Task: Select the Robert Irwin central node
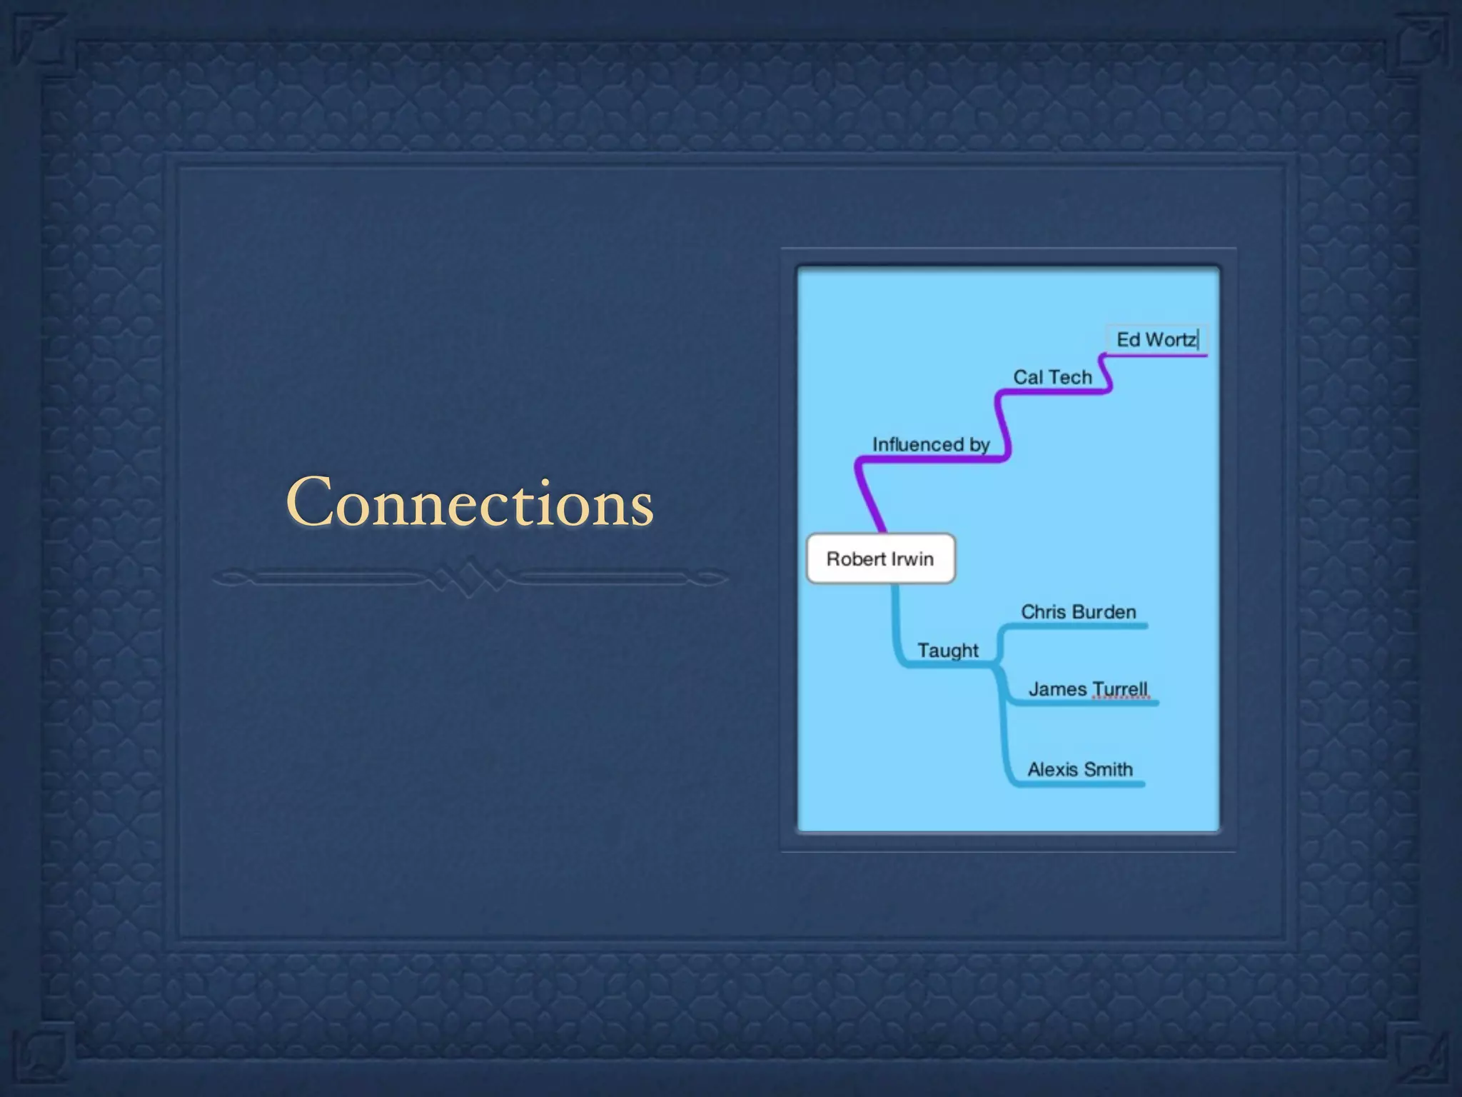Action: tap(880, 558)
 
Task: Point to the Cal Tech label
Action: tap(1052, 377)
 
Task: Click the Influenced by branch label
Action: tap(931, 444)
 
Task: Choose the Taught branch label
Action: tap(948, 651)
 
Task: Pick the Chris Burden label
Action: tap(1078, 612)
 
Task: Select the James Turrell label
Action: tap(1088, 689)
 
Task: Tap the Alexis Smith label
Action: tap(1080, 769)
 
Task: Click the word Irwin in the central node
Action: tap(912, 558)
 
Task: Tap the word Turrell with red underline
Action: tap(1119, 689)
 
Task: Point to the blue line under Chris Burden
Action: tap(1085, 626)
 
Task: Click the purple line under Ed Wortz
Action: tap(1164, 355)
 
